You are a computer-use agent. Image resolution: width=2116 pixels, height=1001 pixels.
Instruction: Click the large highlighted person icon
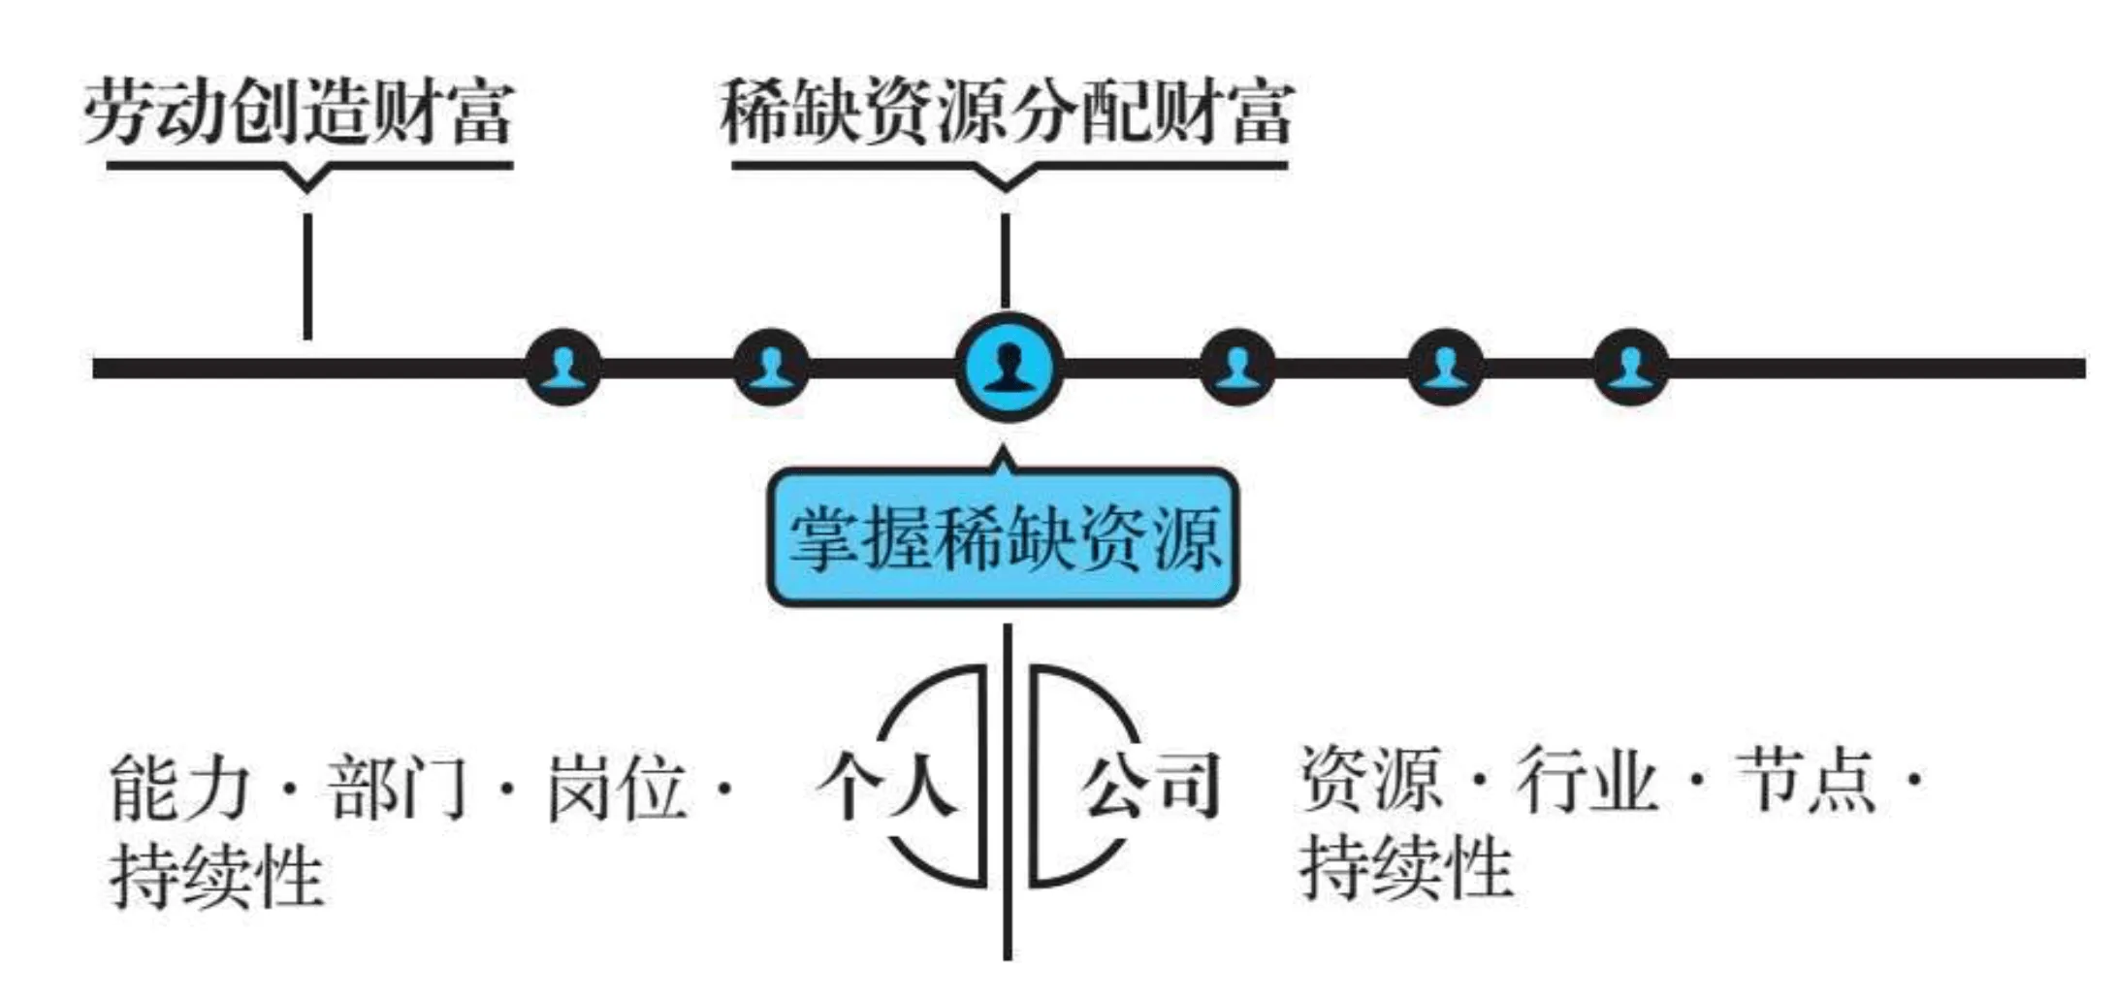(x=1009, y=368)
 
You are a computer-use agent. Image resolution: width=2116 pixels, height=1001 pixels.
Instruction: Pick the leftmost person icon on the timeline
(x=562, y=368)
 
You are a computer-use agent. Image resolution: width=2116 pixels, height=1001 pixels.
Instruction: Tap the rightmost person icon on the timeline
(x=1631, y=368)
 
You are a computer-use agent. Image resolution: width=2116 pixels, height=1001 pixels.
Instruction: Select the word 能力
(x=180, y=788)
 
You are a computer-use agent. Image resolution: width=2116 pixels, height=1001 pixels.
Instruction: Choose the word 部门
(x=398, y=788)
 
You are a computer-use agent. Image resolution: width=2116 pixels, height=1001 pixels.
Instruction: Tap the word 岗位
(x=617, y=788)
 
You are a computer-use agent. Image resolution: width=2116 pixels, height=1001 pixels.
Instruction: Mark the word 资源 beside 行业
(x=1369, y=779)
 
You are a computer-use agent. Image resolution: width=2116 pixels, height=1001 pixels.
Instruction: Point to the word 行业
(x=1587, y=779)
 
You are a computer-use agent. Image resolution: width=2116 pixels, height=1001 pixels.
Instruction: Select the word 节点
(x=1806, y=779)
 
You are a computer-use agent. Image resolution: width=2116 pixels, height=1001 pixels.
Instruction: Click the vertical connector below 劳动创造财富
(x=307, y=276)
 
